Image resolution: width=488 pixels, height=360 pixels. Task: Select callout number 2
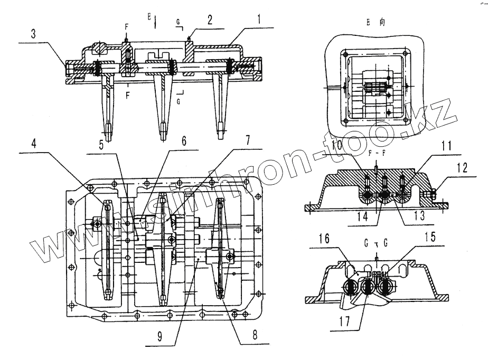coord(210,20)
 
